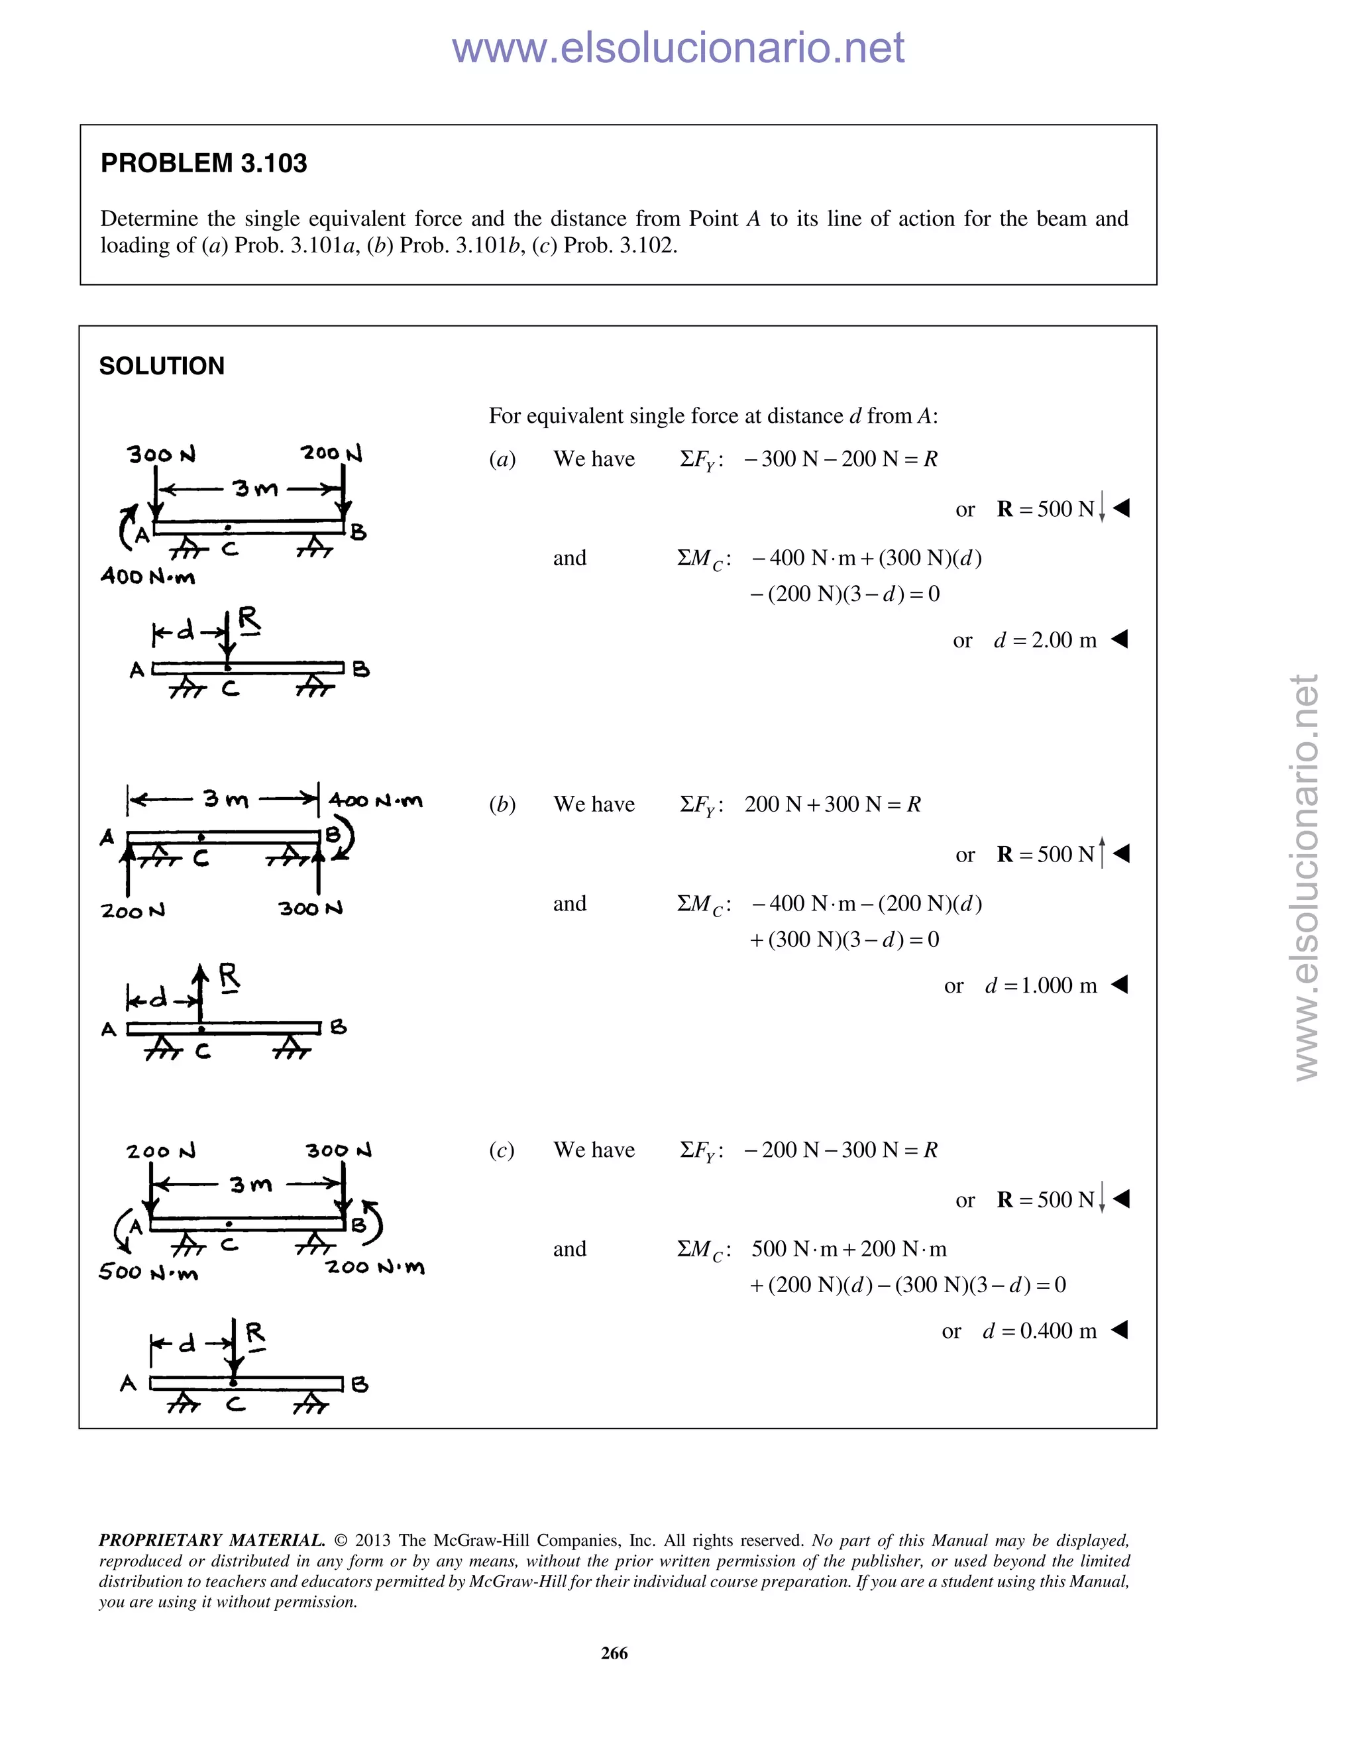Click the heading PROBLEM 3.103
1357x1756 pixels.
click(x=203, y=163)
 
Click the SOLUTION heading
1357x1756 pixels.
click(x=162, y=366)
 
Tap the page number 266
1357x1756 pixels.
click(x=614, y=1653)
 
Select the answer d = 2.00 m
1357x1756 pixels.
click(x=1044, y=640)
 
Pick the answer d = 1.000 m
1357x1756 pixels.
click(x=1040, y=986)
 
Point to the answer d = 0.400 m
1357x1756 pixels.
click(x=1039, y=1331)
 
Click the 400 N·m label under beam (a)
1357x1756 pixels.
click(x=148, y=576)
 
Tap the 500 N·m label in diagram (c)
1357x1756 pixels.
click(x=148, y=1272)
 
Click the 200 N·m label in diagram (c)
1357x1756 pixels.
click(x=374, y=1267)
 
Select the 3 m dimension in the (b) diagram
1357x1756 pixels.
click(x=225, y=799)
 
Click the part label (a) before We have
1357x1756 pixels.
click(x=502, y=459)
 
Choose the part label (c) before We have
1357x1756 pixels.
click(x=502, y=1150)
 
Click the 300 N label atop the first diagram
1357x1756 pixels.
click(x=162, y=455)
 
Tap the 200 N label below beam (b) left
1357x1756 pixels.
click(x=133, y=911)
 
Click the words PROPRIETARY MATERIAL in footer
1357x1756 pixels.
click(x=211, y=1541)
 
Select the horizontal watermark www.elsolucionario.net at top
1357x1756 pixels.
click(x=678, y=48)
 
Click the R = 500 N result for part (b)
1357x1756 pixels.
click(x=1045, y=855)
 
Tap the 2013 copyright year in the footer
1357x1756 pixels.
click(x=372, y=1541)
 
